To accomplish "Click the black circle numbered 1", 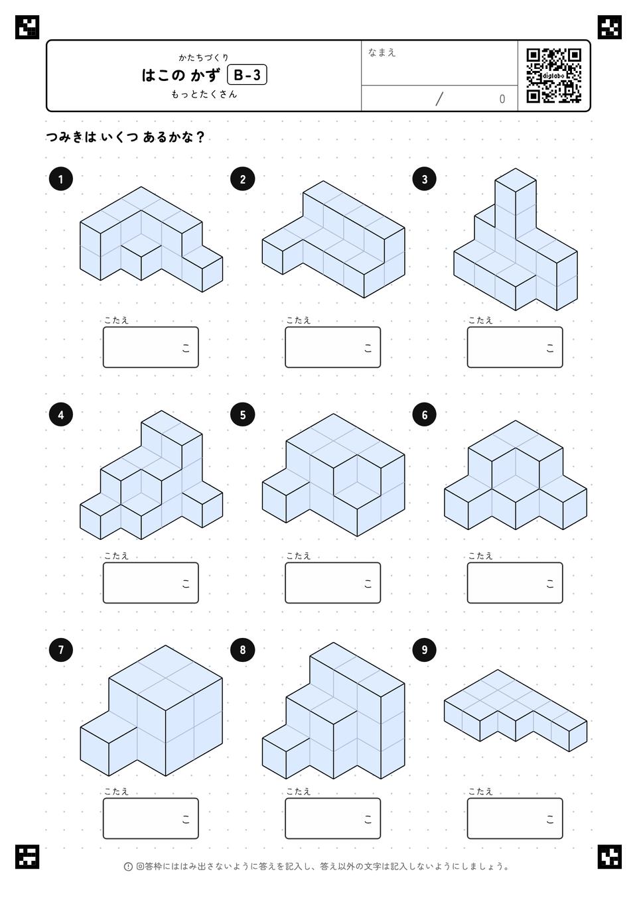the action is [x=60, y=179].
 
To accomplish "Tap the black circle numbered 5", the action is [x=243, y=415].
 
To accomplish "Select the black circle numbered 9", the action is [x=425, y=650].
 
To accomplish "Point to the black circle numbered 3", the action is [x=425, y=179].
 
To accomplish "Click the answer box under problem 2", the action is [x=333, y=347].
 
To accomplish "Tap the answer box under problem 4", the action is [x=151, y=582].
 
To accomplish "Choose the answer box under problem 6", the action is [x=515, y=582].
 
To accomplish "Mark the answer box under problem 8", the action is [x=333, y=818].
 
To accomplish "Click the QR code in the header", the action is [x=554, y=76].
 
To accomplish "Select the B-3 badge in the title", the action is [x=247, y=75].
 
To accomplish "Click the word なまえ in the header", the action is [x=382, y=52].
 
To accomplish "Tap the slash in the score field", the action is [x=439, y=99].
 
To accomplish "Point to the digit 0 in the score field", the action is [x=502, y=99].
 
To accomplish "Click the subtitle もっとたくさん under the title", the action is [x=204, y=94].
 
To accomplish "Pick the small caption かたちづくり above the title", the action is [x=204, y=58].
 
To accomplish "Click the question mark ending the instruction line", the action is [x=201, y=137].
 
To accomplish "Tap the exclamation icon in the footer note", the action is [x=128, y=867].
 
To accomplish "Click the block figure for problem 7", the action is [x=151, y=710].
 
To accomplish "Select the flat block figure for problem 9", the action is [x=516, y=710].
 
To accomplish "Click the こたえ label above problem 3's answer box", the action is [x=480, y=320].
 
